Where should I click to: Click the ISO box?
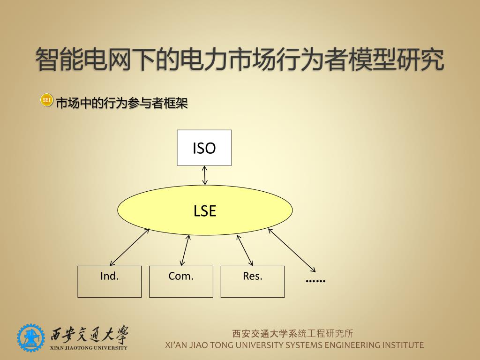click(204, 148)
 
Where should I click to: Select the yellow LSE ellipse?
click(205, 210)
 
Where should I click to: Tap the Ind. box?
click(109, 281)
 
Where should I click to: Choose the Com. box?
click(181, 281)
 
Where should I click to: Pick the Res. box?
click(253, 281)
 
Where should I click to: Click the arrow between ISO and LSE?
click(204, 175)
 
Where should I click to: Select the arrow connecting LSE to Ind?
click(129, 247)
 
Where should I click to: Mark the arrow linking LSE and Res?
click(245, 250)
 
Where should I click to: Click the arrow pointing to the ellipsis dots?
click(292, 250)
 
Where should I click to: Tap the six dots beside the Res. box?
click(315, 280)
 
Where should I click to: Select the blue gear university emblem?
click(31, 337)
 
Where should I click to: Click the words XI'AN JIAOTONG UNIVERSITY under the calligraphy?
click(89, 348)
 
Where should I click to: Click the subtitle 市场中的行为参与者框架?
click(122, 103)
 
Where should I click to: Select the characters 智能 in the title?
click(53, 60)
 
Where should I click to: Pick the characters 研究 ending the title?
click(420, 60)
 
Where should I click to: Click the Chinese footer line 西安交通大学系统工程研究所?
click(293, 334)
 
